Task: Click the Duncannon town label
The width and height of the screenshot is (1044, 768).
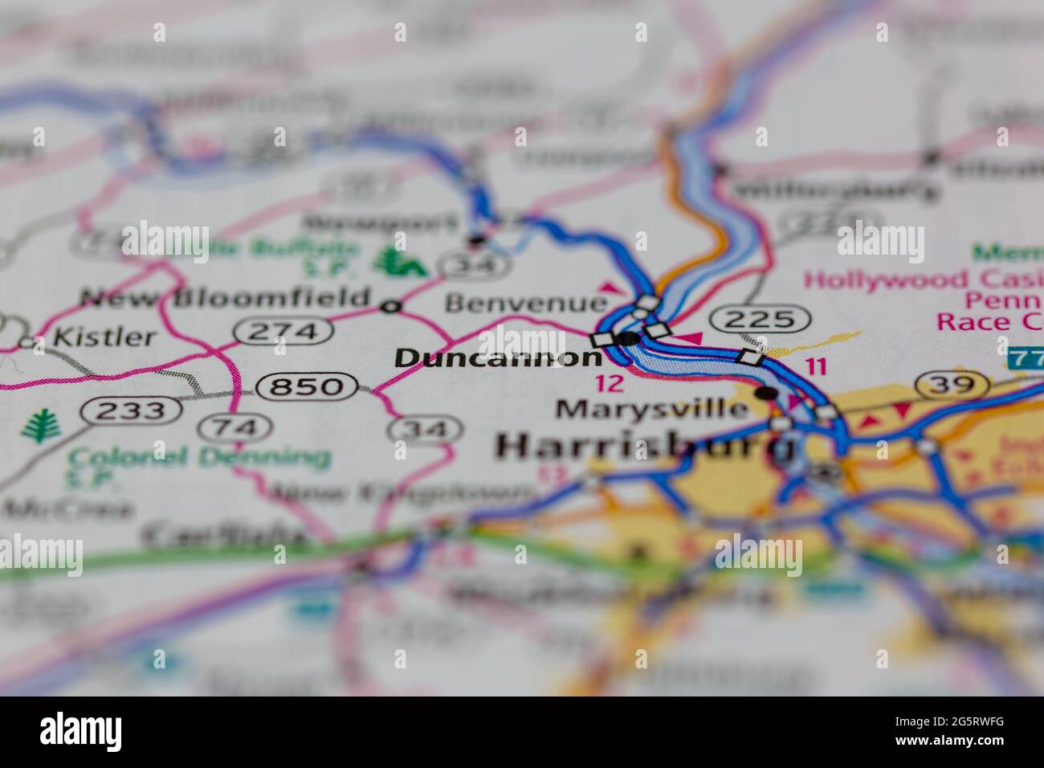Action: (498, 357)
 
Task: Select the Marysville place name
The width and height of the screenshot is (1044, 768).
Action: (652, 409)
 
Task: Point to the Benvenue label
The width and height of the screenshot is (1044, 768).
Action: (526, 303)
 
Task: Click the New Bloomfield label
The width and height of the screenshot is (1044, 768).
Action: (226, 298)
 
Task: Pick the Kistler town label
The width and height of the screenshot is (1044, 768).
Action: (104, 337)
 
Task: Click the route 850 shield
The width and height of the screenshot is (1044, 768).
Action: (306, 387)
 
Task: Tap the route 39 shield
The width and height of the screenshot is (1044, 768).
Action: (955, 384)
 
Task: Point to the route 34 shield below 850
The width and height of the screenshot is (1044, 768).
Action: (425, 430)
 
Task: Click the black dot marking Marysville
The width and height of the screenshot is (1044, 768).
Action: (767, 393)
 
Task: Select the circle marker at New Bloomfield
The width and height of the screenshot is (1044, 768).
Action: (391, 306)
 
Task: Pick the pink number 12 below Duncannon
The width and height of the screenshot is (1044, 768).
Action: (610, 383)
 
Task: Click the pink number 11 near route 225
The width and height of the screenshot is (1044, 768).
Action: (816, 367)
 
